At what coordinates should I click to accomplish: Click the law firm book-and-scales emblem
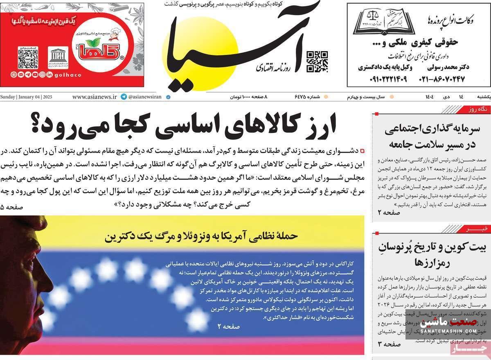coord(384,23)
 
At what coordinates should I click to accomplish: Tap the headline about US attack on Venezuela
coord(202,236)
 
